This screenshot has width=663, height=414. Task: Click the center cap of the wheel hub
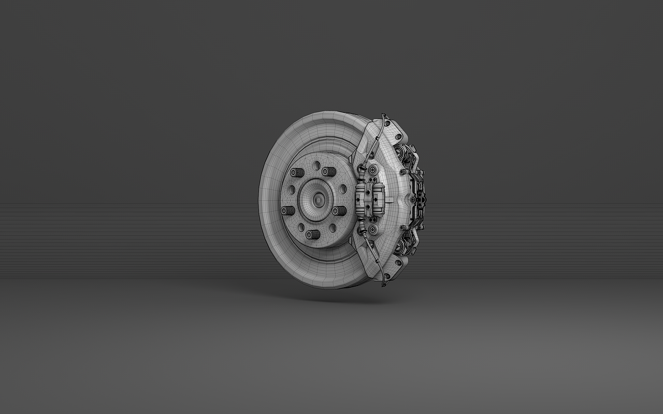318,199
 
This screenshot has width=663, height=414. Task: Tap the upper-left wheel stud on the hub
297,173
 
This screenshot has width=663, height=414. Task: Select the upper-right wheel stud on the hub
328,171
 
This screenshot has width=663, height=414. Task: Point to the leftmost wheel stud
287,211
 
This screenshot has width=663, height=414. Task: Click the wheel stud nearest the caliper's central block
339,210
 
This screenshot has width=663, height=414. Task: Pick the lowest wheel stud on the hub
312,234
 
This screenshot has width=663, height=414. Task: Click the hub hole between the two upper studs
316,165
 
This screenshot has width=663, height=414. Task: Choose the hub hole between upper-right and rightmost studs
342,188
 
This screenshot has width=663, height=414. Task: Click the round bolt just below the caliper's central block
372,228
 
